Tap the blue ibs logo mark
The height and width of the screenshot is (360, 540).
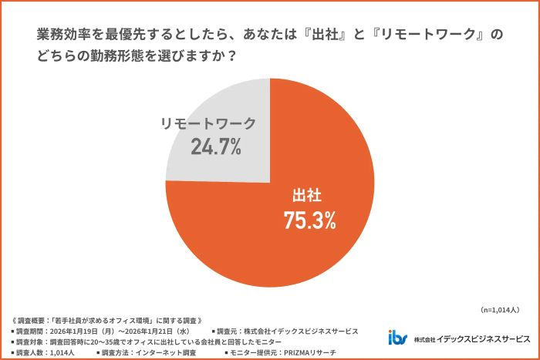(398, 338)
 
